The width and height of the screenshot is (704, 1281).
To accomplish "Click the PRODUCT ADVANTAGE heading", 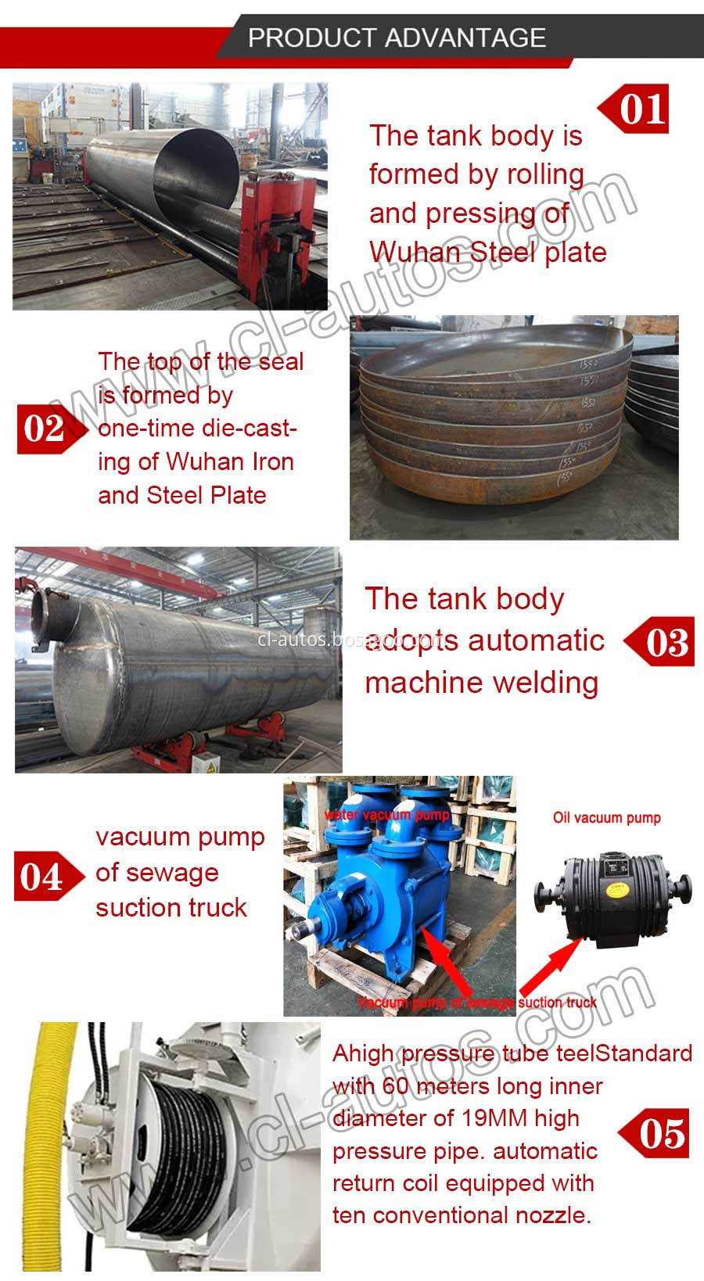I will tap(397, 38).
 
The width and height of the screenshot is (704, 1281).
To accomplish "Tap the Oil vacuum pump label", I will tap(606, 818).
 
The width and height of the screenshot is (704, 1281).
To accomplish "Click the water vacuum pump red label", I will tap(388, 815).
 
